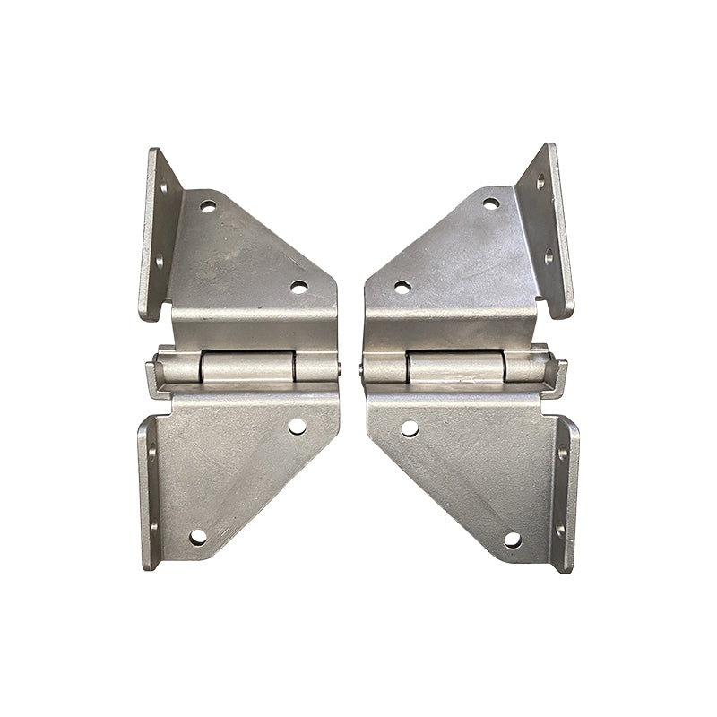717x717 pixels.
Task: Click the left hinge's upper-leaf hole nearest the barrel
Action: click(298, 287)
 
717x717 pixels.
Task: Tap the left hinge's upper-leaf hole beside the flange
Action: click(208, 206)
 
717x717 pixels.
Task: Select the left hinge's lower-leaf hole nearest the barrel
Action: click(297, 427)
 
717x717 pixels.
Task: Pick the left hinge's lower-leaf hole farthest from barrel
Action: click(198, 536)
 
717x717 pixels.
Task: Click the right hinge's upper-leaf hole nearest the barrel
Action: click(402, 287)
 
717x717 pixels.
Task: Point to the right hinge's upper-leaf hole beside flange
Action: click(491, 203)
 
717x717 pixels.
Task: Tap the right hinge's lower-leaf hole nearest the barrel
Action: click(410, 428)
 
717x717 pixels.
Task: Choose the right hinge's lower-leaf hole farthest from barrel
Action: click(512, 540)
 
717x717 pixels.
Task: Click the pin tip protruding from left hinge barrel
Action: click(340, 367)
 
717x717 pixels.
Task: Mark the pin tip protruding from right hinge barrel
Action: click(361, 368)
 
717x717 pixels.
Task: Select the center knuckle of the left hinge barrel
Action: click(247, 367)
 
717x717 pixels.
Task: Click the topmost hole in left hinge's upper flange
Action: click(163, 189)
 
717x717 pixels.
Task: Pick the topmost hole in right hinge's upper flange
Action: click(541, 182)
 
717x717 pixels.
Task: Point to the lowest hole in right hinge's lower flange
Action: click(561, 530)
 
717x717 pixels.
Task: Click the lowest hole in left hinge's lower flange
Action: click(150, 529)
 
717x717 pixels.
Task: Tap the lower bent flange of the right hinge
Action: click(564, 494)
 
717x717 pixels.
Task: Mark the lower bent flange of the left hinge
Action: click(148, 493)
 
